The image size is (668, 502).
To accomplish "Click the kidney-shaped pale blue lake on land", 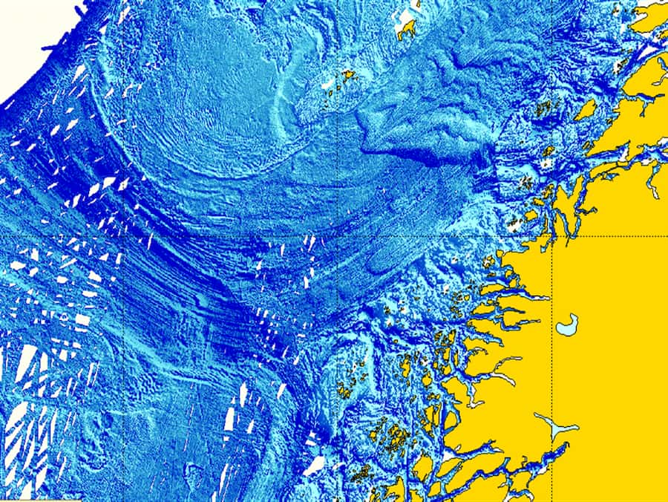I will click(568, 324).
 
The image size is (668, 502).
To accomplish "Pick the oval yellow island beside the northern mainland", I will click(586, 110).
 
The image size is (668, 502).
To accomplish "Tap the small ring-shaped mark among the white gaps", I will click(65, 318).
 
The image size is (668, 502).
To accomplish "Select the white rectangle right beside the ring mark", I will click(82, 321).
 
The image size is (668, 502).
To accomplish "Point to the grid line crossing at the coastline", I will click(552, 236).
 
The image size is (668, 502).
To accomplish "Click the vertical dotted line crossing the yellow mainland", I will click(552, 371).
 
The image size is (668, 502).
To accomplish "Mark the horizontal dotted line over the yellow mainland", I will click(609, 236).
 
